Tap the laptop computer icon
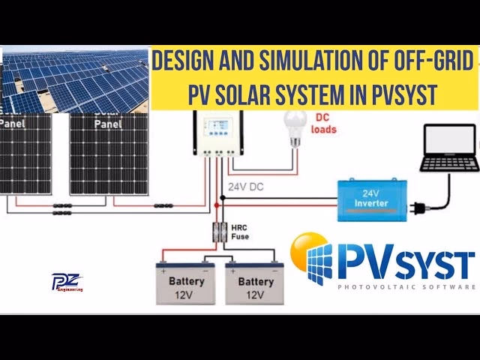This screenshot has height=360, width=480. tap(449, 150)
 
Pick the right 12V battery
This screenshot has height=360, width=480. tap(254, 283)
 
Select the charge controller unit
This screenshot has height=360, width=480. tap(218, 133)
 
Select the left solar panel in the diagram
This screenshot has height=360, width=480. tap(25, 154)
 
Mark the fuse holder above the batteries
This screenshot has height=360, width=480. tap(221, 230)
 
